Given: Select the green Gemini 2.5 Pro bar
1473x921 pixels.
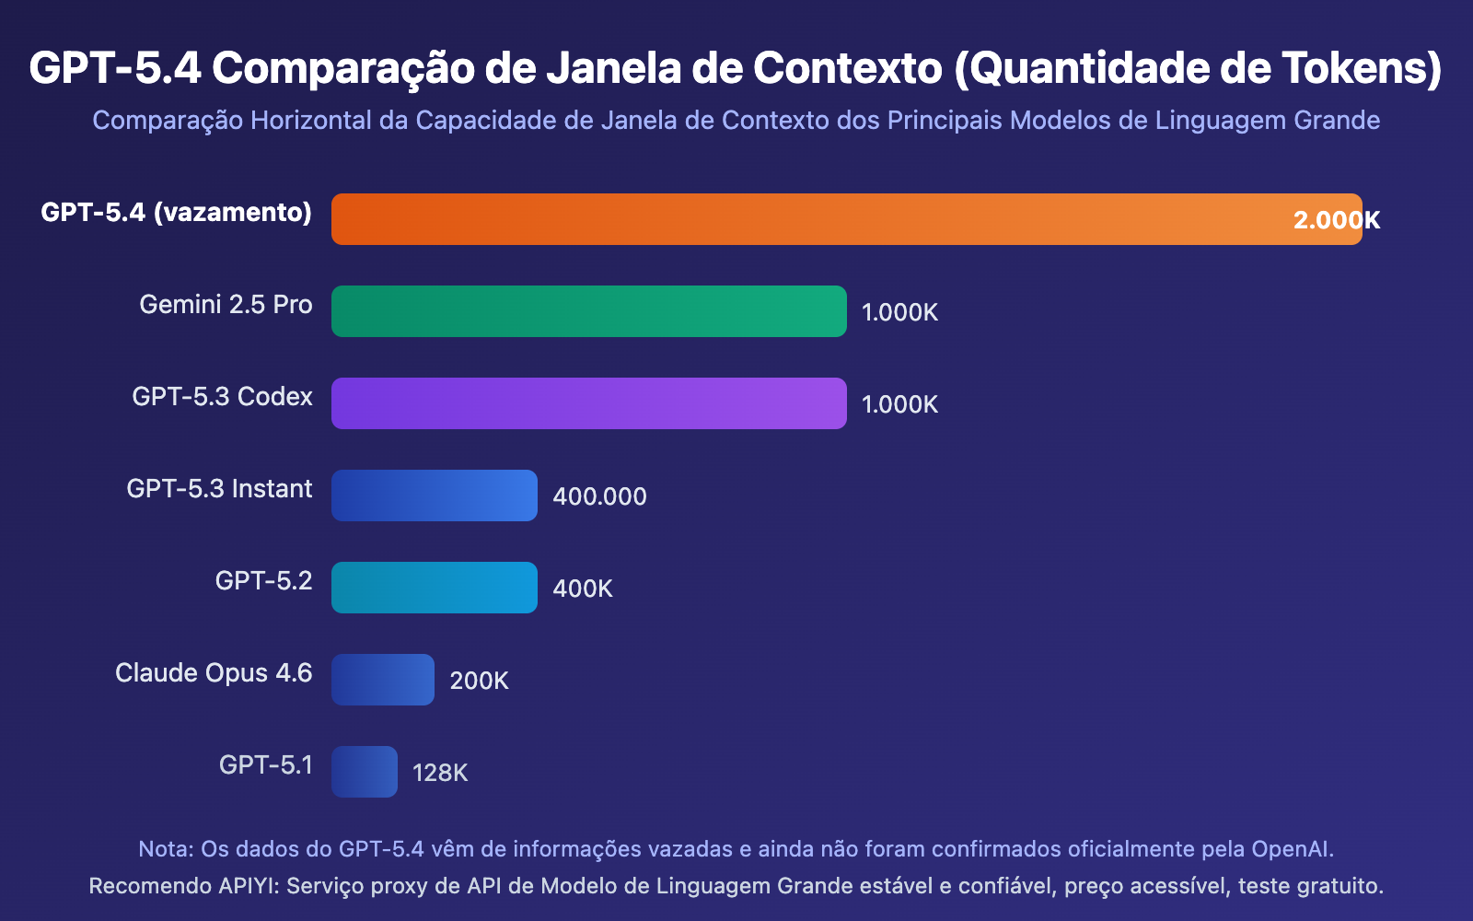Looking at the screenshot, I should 589,311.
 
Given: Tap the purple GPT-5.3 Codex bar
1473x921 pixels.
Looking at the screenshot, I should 589,403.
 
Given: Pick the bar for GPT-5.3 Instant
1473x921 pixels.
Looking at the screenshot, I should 435,495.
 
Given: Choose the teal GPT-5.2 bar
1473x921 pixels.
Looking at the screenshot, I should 435,588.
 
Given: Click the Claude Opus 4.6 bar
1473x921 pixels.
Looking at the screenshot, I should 383,680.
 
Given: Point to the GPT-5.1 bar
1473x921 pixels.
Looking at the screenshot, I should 365,772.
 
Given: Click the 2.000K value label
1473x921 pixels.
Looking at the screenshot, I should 1337,220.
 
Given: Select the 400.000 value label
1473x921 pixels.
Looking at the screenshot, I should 599,496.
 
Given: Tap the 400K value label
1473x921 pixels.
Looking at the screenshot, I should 582,589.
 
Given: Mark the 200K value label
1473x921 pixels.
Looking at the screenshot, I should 479,681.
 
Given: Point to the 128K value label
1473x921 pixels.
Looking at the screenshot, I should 440,773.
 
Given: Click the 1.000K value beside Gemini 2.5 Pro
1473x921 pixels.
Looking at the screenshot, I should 899,312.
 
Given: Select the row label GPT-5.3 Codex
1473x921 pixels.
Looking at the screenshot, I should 222,397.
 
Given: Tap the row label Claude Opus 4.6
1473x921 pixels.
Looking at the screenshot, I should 214,673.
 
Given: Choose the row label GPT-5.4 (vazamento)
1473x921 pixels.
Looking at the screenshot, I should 176,213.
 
